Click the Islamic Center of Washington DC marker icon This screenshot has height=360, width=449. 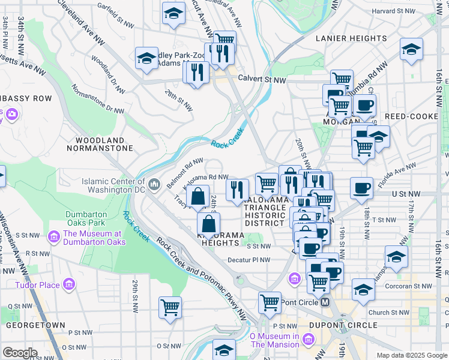coord(155,183)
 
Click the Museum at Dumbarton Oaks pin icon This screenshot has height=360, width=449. coord(53,238)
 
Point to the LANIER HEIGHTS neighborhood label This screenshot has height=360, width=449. coord(351,38)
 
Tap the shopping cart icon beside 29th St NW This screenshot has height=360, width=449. coord(170,307)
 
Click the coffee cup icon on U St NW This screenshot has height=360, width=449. coord(361,188)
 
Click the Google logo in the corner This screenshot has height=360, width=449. coord(20,352)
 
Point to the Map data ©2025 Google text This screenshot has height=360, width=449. coord(411,355)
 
